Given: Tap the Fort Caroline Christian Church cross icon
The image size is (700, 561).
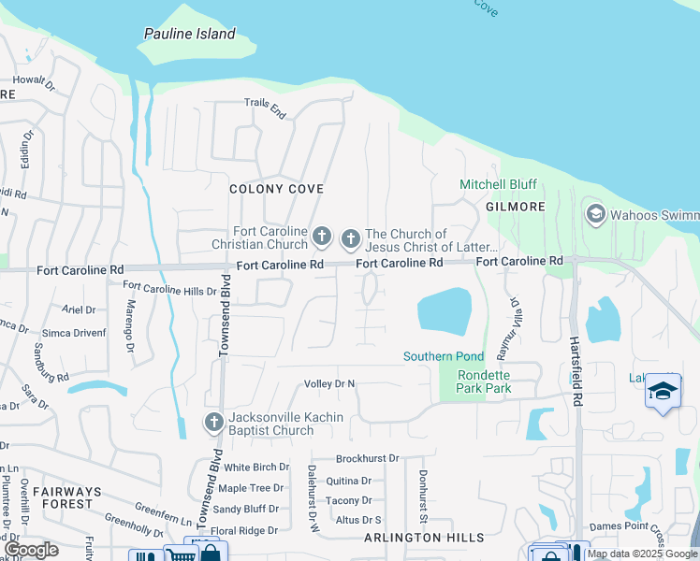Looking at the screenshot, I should [x=322, y=236].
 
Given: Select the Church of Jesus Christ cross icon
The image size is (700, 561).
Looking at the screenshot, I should [x=351, y=239].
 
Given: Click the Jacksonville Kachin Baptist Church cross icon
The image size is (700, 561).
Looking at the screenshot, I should [x=213, y=423].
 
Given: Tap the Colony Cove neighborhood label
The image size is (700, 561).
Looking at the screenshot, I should [x=270, y=189].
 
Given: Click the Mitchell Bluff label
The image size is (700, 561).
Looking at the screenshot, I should [x=498, y=184].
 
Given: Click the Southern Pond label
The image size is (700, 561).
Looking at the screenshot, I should [x=444, y=356].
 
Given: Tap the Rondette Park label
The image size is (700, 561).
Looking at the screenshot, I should [x=483, y=382].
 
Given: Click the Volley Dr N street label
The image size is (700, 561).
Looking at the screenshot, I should [x=329, y=383].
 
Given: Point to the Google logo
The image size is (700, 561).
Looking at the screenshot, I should [x=32, y=550].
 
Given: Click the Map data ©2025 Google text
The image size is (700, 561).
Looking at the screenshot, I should [x=642, y=554].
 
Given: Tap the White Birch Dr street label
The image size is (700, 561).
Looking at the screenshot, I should [x=255, y=467].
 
